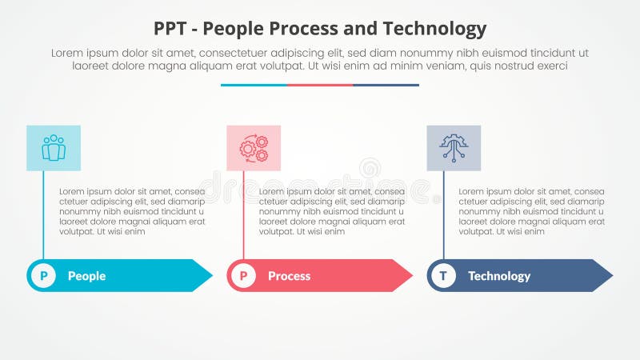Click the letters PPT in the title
point(172,30)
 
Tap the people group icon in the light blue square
point(54,148)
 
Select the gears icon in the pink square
point(254,148)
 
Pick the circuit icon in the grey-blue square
point(454,148)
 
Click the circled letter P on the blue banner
point(43,276)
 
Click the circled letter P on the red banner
point(243,276)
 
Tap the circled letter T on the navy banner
point(443,276)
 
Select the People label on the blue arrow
point(86,276)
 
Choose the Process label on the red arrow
point(289,276)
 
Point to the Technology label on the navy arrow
point(499,276)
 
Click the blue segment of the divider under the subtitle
point(254,85)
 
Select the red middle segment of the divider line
point(320,85)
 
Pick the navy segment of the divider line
point(386,85)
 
